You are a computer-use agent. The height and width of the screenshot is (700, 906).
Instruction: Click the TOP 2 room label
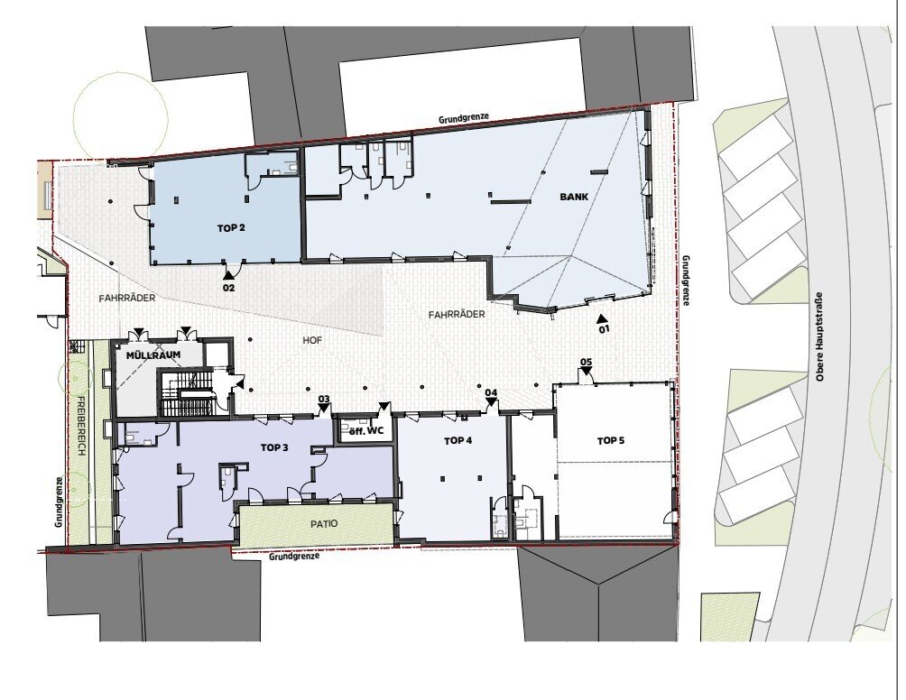231,228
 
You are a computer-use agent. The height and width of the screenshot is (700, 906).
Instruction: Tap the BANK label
574,197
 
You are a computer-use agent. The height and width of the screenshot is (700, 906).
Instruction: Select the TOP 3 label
274,447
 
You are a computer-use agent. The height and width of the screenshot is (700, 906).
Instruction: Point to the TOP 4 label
458,441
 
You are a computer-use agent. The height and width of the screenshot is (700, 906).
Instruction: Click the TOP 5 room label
611,441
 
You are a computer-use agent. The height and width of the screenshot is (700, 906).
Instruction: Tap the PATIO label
324,524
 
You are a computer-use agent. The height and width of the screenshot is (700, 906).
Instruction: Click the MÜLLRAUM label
153,355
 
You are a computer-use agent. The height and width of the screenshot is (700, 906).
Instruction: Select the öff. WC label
367,431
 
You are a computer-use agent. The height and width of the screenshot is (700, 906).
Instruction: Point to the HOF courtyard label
312,341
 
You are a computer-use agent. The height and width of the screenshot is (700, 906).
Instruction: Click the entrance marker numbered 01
603,325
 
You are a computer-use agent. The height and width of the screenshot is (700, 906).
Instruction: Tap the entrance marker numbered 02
229,282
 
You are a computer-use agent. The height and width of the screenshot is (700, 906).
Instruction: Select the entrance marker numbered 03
324,404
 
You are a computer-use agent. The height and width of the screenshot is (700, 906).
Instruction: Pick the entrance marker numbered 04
491,398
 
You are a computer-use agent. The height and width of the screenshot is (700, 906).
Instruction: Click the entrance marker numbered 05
586,366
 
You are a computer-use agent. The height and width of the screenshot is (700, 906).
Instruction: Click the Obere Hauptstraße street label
819,336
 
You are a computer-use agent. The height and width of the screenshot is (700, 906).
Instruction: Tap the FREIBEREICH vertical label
81,427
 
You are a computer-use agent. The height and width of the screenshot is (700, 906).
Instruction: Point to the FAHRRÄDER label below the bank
457,315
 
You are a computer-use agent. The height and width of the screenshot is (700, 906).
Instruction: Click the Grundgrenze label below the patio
294,557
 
